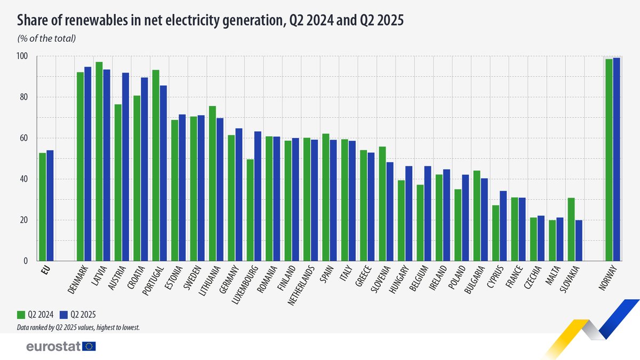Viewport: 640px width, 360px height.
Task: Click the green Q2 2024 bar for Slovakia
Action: coord(571,229)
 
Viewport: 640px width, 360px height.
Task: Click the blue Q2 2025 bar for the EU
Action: coord(50,205)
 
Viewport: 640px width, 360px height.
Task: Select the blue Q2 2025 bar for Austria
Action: coord(125,166)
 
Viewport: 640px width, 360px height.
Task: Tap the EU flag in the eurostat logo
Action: coord(89,347)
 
